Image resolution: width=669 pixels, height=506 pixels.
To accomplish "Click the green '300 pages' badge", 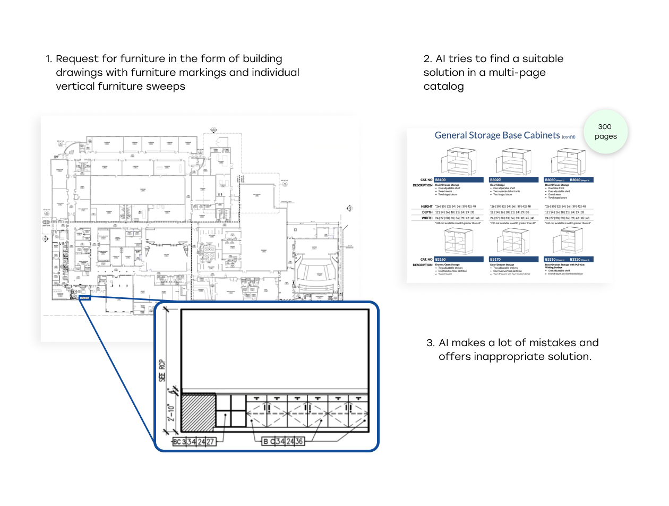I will [605, 132].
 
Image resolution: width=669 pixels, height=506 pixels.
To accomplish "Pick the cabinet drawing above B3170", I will [513, 242].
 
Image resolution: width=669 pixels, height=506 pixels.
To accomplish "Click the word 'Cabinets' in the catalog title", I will [542, 135].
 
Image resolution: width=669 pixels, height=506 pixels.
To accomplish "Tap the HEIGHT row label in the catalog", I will [427, 207].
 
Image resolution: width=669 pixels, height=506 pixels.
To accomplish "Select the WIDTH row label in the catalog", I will [427, 218].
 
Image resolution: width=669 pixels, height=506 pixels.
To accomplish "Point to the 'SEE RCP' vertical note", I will [162, 371].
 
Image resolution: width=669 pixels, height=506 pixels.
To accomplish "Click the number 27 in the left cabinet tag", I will [210, 442].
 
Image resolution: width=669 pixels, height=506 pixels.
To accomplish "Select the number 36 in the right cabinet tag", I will [299, 441].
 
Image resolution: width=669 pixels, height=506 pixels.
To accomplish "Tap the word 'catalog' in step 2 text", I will [443, 87].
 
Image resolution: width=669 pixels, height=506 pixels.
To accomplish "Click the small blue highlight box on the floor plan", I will [84, 298].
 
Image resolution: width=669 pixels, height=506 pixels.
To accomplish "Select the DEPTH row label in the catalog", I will [427, 212].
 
